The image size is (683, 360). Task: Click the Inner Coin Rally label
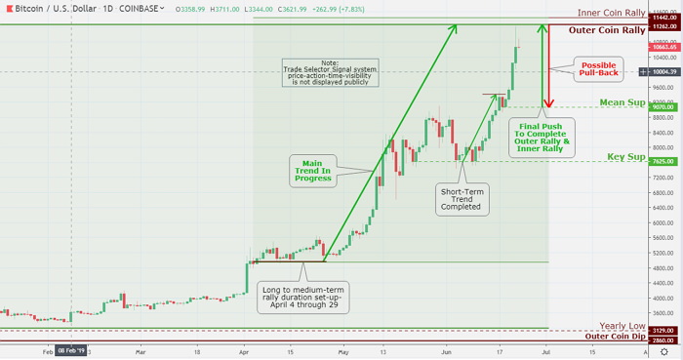coord(611,14)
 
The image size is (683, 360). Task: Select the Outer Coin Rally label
coord(606,30)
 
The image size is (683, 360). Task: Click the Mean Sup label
coord(621,101)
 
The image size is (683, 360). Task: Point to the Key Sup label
coord(626,156)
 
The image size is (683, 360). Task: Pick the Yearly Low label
coord(621,326)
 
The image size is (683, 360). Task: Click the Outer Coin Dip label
coord(615,337)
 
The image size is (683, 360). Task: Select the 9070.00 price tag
coord(663,107)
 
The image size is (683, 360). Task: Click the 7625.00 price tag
coord(663,162)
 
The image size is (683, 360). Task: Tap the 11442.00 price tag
coord(663,18)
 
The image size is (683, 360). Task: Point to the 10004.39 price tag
coord(663,71)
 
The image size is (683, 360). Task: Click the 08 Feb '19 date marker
coord(71,349)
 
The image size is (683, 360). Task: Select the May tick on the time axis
coord(342,349)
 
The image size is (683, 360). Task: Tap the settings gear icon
coord(663,349)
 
